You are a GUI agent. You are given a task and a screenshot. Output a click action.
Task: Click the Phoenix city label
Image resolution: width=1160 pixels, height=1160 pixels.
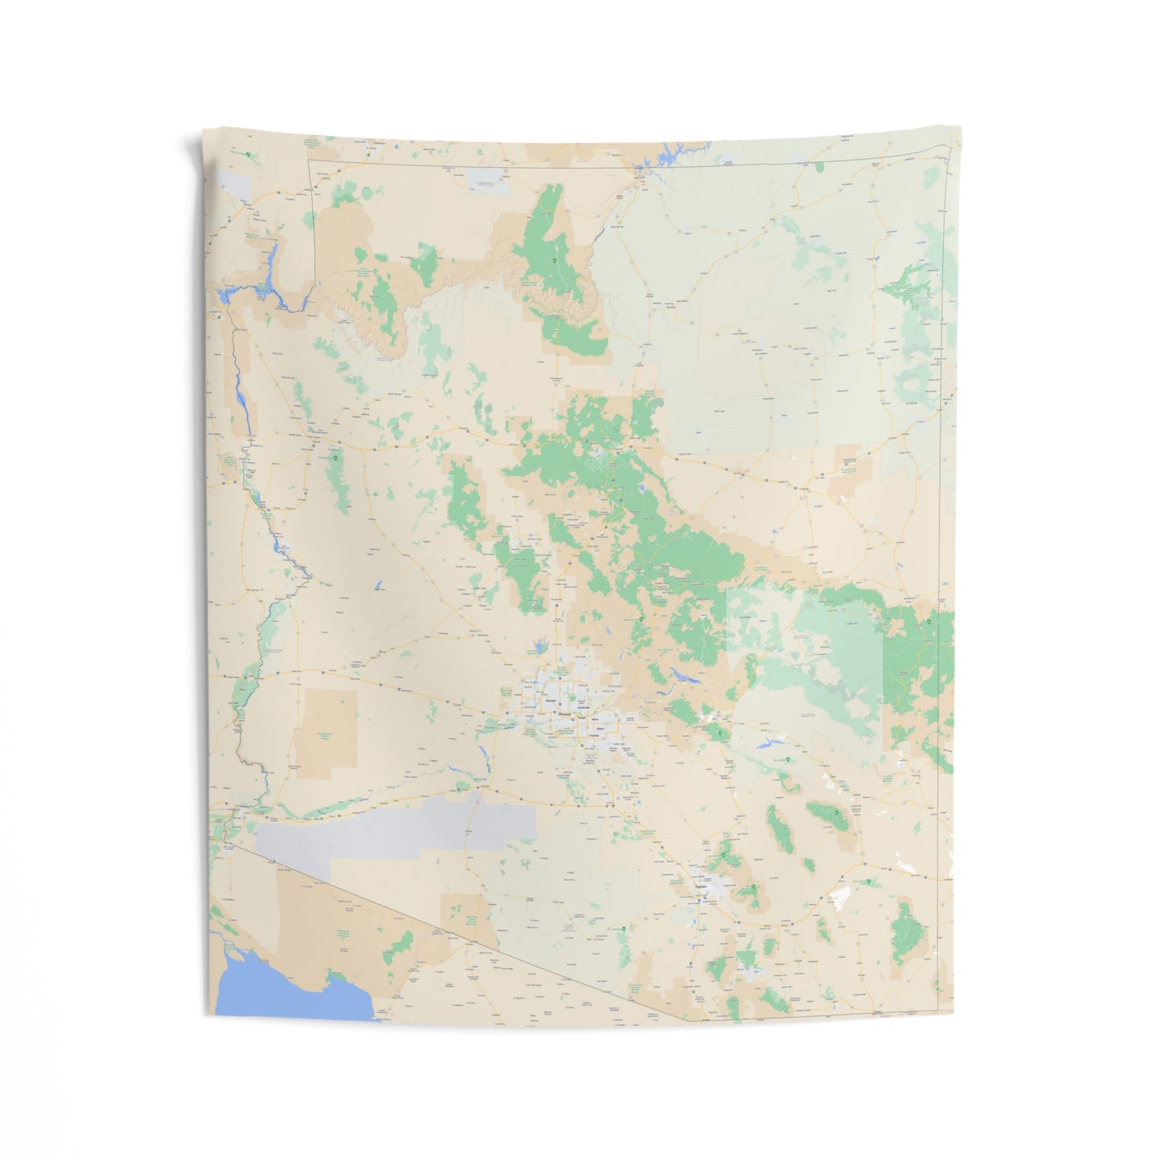click(x=564, y=714)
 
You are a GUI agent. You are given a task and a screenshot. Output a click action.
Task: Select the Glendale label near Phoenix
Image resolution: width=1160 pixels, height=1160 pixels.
click(x=551, y=701)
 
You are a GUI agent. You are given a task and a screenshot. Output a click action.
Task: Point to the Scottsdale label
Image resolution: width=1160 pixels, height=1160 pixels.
click(x=584, y=707)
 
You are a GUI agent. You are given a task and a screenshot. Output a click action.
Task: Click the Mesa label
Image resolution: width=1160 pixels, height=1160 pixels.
click(x=595, y=719)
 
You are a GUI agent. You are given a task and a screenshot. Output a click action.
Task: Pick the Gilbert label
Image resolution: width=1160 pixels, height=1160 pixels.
click(x=600, y=729)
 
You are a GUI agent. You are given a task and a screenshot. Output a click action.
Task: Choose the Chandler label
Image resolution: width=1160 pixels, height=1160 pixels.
click(x=594, y=735)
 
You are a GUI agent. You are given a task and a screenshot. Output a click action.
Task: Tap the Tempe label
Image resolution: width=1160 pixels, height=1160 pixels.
click(x=582, y=718)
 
